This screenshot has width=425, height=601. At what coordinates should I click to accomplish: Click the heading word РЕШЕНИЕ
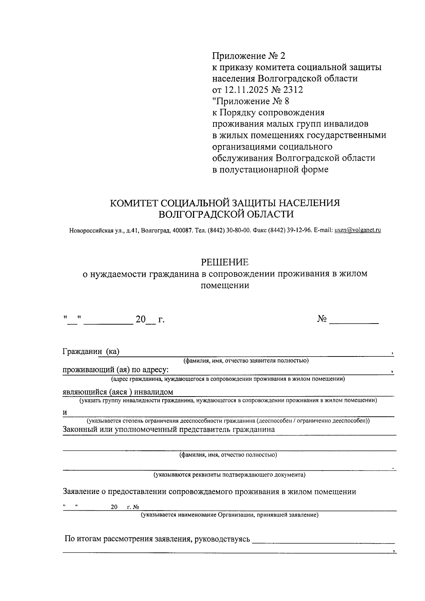tap(225, 262)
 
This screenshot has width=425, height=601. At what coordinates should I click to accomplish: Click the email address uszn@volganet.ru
tap(358, 230)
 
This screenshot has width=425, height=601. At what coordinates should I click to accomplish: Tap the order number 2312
tap(293, 90)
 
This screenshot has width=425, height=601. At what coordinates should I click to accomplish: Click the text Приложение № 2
tap(248, 56)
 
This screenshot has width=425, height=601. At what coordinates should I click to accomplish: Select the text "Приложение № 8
tap(250, 101)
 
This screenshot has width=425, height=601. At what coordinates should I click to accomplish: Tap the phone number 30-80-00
tap(239, 230)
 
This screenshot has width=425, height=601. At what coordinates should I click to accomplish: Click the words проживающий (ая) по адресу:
tap(116, 370)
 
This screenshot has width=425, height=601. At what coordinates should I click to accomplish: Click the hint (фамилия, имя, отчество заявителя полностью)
tap(246, 361)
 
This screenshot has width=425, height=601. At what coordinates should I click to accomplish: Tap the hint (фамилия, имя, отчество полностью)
tap(228, 455)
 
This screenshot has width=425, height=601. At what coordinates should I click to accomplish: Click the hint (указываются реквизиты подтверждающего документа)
tap(229, 474)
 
